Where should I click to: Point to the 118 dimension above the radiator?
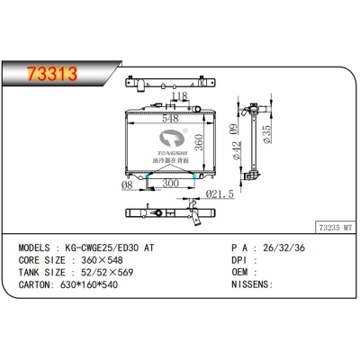coord(179,96)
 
